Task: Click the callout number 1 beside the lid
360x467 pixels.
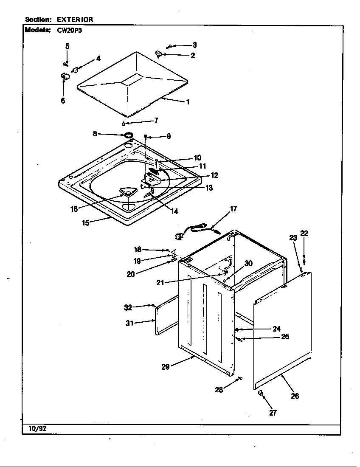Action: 188,102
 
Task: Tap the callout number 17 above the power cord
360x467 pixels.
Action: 233,208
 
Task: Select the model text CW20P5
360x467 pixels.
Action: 67,30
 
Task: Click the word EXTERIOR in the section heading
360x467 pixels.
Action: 75,20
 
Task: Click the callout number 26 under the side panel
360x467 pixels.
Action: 295,396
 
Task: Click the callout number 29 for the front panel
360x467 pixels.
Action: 166,367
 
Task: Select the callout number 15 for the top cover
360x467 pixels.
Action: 86,222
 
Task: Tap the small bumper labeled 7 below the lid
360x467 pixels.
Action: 123,124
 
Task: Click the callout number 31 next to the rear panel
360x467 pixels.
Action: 129,323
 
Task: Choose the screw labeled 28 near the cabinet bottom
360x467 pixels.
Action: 240,378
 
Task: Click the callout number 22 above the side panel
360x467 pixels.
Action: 304,233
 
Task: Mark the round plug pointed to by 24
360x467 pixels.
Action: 236,329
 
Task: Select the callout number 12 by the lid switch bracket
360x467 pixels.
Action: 214,175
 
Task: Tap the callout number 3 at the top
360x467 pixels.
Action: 194,45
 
